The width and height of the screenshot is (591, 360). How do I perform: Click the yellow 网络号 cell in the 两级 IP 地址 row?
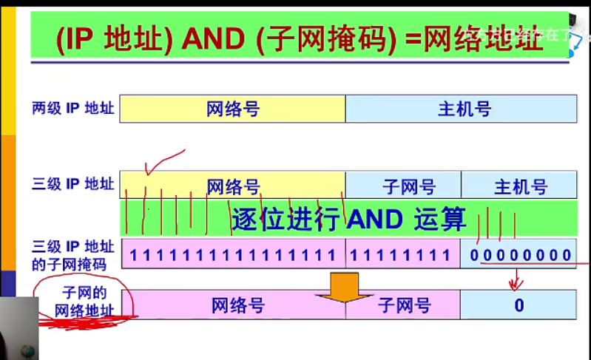(x=232, y=109)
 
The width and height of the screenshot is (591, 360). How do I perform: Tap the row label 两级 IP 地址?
(x=73, y=109)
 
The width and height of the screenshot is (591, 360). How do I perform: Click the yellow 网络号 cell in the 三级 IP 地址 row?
(x=232, y=185)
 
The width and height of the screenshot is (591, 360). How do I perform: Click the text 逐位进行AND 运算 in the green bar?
(x=348, y=219)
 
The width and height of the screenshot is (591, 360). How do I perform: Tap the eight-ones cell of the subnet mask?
(x=399, y=255)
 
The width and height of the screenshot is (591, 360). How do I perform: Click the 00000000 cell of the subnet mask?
(x=520, y=255)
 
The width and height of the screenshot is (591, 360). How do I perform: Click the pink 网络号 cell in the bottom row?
(x=237, y=305)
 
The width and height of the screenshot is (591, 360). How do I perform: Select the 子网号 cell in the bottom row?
(x=403, y=305)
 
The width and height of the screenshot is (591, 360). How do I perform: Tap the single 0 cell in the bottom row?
(x=519, y=305)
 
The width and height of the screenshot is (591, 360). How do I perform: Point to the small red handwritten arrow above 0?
(x=516, y=279)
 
